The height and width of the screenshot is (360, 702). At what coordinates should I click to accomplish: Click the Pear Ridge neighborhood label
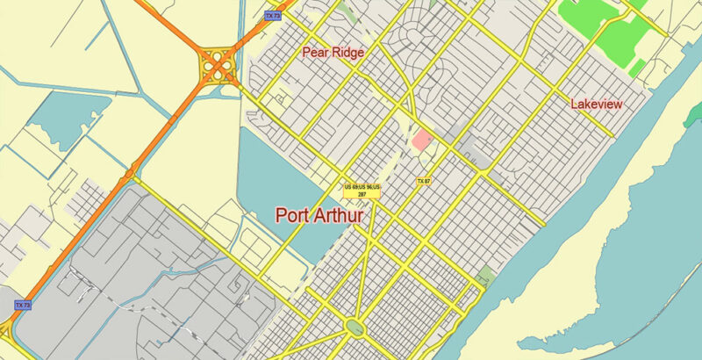(x=333, y=53)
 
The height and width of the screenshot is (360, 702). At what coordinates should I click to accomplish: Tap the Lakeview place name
(x=596, y=104)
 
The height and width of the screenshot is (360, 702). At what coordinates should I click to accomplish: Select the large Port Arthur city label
(x=319, y=215)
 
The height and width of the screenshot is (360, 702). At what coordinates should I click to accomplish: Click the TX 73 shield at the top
(x=272, y=15)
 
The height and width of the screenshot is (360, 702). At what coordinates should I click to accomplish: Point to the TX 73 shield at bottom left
(x=24, y=306)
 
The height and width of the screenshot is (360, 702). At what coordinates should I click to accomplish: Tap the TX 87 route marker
(x=423, y=182)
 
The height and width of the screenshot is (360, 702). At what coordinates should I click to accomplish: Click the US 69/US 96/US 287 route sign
(x=362, y=190)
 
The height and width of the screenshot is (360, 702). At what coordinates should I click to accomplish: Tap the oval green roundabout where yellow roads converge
(x=355, y=327)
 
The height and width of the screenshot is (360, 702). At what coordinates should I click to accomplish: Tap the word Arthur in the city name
(x=340, y=215)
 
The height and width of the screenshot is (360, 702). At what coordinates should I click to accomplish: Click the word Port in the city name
(x=293, y=215)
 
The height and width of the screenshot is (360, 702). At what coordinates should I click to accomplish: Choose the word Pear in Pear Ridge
(x=316, y=53)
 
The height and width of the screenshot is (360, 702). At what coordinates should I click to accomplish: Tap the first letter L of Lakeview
(x=574, y=104)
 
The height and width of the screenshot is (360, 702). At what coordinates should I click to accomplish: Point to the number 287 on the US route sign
(x=362, y=194)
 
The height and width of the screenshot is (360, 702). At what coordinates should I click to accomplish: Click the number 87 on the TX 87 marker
(x=426, y=182)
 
